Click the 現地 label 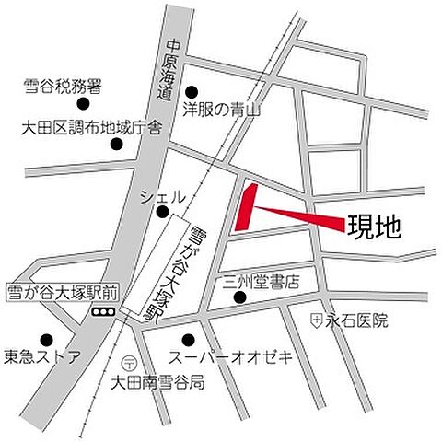[374, 226]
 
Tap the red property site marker [245, 207]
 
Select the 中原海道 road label [169, 72]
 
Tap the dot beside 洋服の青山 [192, 91]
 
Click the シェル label [163, 196]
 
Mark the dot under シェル [162, 213]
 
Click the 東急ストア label [41, 356]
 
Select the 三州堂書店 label [262, 281]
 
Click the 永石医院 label [357, 320]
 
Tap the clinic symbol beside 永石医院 [316, 320]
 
